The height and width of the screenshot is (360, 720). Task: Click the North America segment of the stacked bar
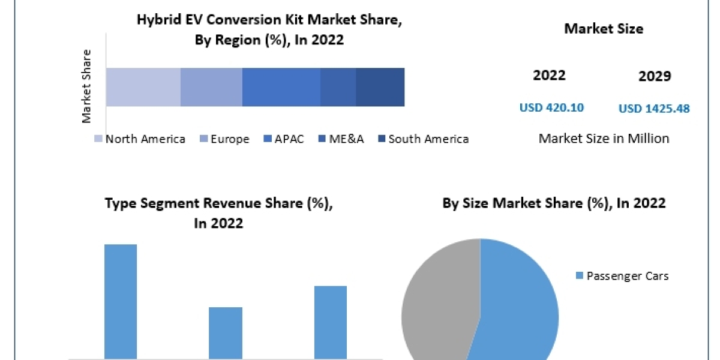143,87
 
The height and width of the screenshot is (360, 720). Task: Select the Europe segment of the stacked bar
211,87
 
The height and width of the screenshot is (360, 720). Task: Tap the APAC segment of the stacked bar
281,87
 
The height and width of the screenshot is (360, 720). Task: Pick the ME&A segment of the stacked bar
338,87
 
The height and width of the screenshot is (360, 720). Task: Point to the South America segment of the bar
380,87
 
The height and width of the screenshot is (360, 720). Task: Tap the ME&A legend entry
342,139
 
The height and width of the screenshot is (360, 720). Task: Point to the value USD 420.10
551,108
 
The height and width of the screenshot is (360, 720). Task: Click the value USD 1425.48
653,109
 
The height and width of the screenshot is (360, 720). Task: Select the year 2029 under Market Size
655,76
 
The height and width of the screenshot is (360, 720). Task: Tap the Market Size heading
604,28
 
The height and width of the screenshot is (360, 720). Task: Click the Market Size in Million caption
604,139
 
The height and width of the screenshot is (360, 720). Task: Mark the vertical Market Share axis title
87,86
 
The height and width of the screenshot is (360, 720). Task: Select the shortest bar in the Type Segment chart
226,333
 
